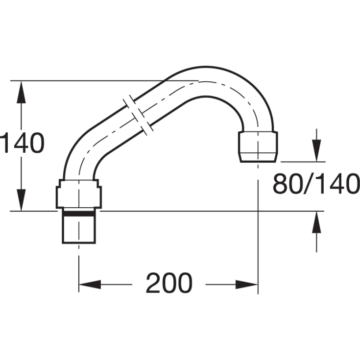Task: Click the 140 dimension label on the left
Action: [22, 144]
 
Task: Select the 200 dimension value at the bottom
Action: [169, 283]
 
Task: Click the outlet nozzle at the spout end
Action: [259, 145]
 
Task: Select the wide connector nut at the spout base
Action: [78, 193]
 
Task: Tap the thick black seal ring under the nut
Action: [78, 214]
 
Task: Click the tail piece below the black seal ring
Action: [78, 229]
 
